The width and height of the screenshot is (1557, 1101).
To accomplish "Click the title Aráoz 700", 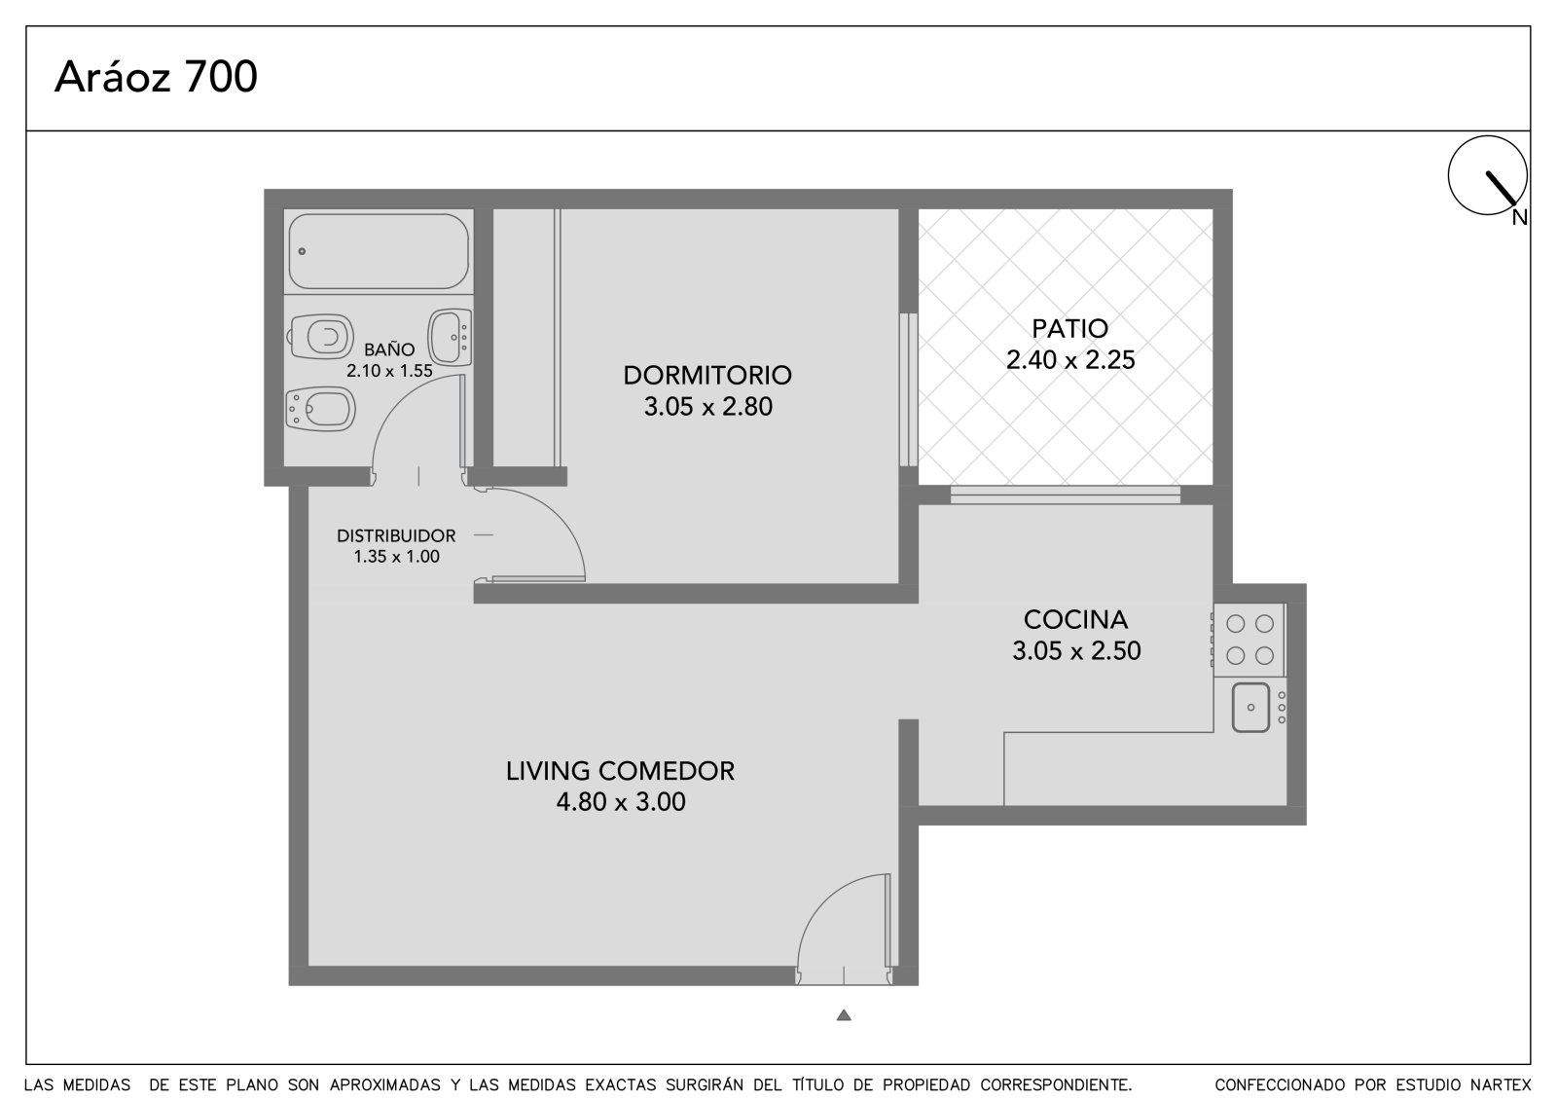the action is click(156, 77).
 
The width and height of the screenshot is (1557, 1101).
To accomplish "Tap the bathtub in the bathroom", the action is click(379, 251).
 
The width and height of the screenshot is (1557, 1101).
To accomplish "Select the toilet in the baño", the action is click(320, 337).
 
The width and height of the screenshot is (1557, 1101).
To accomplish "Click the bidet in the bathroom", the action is click(320, 409).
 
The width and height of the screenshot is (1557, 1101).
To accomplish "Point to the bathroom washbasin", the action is click(450, 338).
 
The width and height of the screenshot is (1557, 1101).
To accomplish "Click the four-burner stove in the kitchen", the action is click(1249, 640).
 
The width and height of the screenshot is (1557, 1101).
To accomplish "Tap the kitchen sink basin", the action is click(1250, 708).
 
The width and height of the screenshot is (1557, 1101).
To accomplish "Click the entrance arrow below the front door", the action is click(844, 1015).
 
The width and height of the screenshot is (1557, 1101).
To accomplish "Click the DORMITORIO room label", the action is click(707, 376).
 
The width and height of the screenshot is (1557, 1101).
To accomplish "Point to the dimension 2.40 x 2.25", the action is click(1070, 359).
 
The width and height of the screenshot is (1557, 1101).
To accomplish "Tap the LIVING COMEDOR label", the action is click(620, 771).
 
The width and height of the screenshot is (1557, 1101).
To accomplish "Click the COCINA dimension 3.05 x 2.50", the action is click(1076, 650).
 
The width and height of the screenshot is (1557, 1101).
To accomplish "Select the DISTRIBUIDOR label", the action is click(396, 535).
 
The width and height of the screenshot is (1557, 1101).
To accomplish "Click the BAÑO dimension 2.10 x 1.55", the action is click(389, 371).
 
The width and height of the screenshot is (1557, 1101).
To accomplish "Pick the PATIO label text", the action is click(1069, 328).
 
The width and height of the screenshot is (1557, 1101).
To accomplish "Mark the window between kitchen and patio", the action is click(1065, 495).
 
